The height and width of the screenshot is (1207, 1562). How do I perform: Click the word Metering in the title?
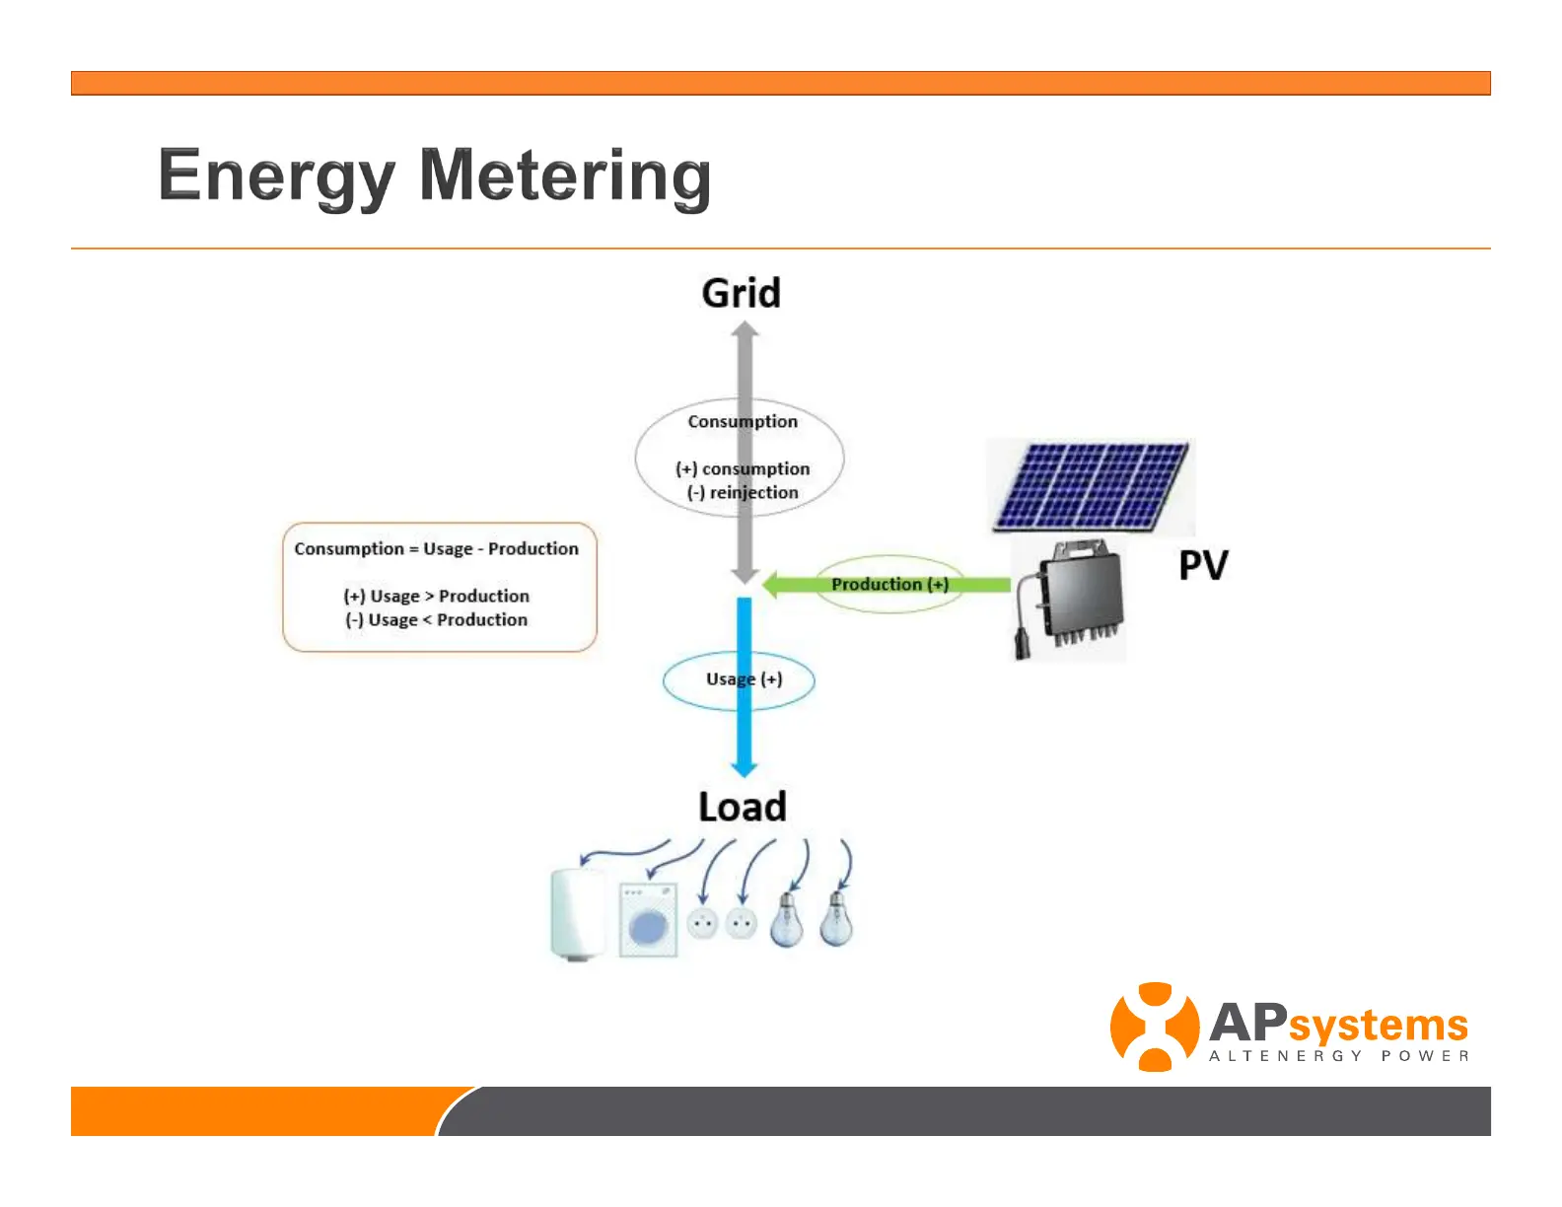click(x=565, y=176)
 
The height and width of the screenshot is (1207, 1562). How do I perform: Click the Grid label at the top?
click(x=742, y=294)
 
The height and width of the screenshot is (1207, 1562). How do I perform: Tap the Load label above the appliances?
click(x=743, y=807)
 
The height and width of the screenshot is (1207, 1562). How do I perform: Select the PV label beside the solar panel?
click(x=1203, y=566)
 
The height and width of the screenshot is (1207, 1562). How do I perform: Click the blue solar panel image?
click(x=1092, y=485)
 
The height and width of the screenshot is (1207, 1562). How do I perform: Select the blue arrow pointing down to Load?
click(x=745, y=730)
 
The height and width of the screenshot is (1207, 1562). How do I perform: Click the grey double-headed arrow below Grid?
click(x=745, y=375)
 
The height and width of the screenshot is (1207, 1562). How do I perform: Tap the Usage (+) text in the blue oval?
click(x=745, y=679)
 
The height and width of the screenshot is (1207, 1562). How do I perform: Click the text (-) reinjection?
click(x=743, y=493)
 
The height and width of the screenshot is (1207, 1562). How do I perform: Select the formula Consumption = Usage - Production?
click(x=436, y=549)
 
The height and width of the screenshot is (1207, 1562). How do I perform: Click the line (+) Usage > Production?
click(x=436, y=597)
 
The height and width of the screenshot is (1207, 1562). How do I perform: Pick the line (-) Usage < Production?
click(x=436, y=620)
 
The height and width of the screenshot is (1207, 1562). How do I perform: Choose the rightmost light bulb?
click(x=837, y=919)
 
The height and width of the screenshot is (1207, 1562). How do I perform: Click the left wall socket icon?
click(x=702, y=923)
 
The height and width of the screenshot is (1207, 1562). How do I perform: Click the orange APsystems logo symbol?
click(x=1154, y=1027)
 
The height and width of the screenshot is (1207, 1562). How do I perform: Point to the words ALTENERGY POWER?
click(x=1338, y=1056)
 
